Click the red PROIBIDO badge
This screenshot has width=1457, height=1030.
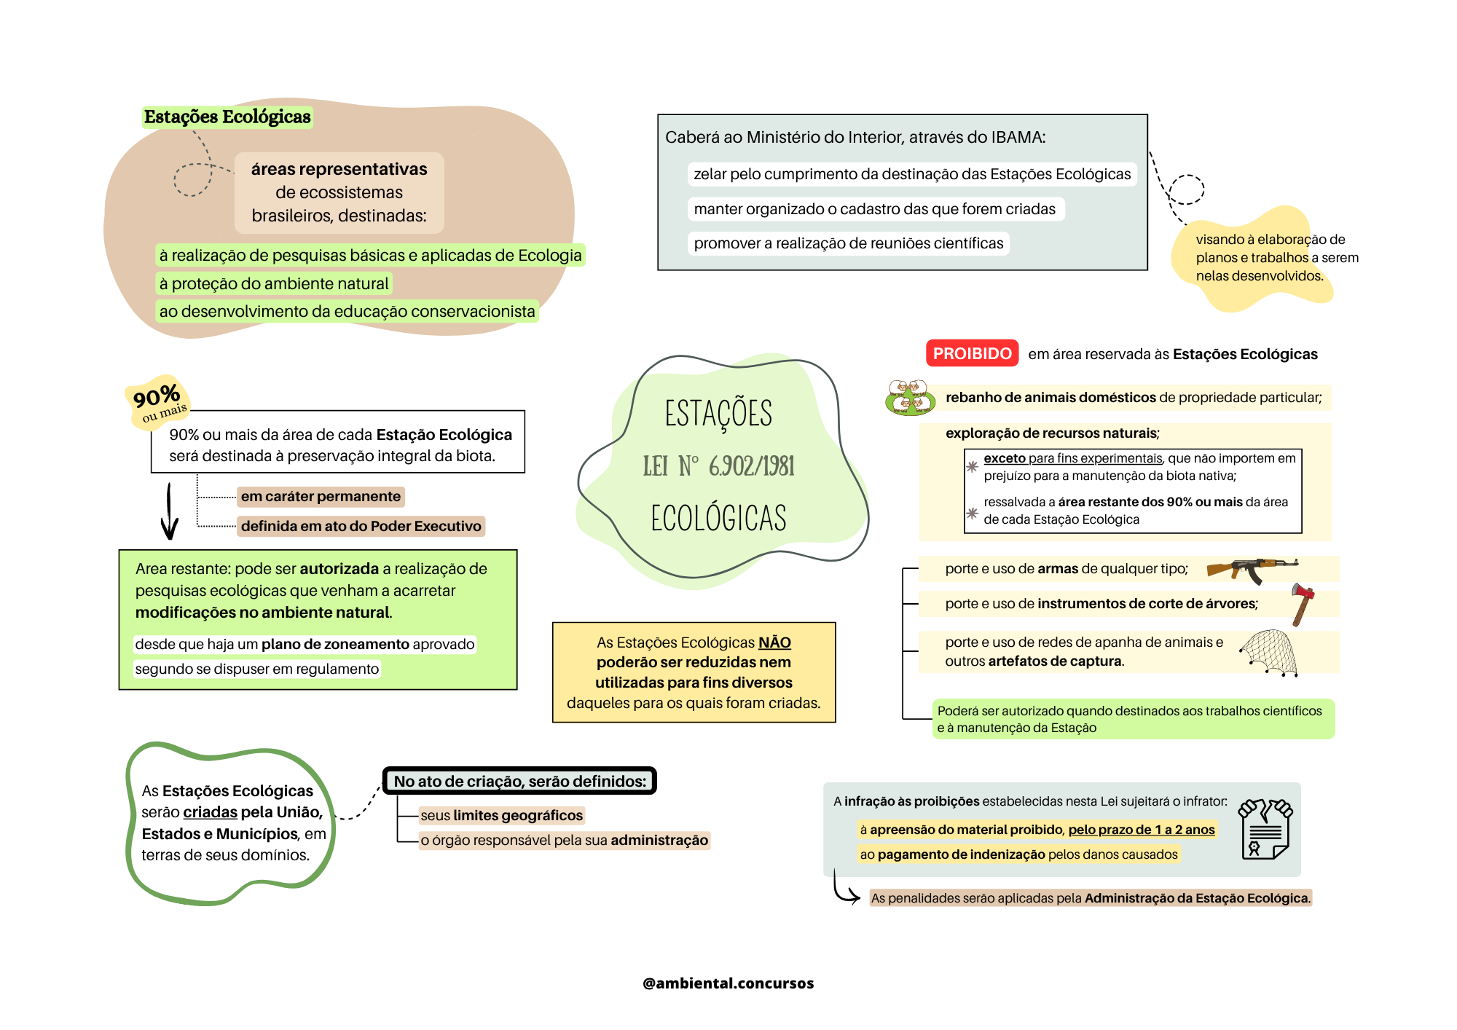pyautogui.click(x=972, y=354)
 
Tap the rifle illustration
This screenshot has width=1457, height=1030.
pyautogui.click(x=1252, y=569)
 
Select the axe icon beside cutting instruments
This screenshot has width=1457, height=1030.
pyautogui.click(x=1303, y=604)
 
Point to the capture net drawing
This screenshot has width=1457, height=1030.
pyautogui.click(x=1270, y=653)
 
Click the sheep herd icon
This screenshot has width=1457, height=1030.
pyautogui.click(x=909, y=398)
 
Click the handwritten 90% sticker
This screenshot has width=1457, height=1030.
pyautogui.click(x=157, y=401)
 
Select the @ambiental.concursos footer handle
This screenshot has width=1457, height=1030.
pyautogui.click(x=728, y=983)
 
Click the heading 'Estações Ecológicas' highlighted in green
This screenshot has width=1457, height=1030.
pyautogui.click(x=227, y=117)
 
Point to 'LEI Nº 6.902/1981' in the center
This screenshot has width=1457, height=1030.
pyautogui.click(x=718, y=466)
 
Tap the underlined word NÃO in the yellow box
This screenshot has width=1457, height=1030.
pyautogui.click(x=774, y=642)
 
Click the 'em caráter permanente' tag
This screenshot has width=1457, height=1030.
pyautogui.click(x=321, y=497)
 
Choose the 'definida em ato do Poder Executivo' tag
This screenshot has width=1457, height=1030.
pyautogui.click(x=361, y=526)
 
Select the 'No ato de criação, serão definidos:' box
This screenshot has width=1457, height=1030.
pyautogui.click(x=519, y=782)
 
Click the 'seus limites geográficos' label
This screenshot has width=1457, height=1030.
pyautogui.click(x=501, y=815)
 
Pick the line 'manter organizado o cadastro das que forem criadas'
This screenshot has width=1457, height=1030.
pyautogui.click(x=874, y=209)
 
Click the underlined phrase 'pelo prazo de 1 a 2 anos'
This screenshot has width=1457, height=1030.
pyautogui.click(x=1142, y=830)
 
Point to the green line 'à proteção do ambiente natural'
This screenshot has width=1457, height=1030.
pyautogui.click(x=274, y=283)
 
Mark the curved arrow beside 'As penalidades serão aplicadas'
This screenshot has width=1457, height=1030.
pyautogui.click(x=845, y=890)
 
